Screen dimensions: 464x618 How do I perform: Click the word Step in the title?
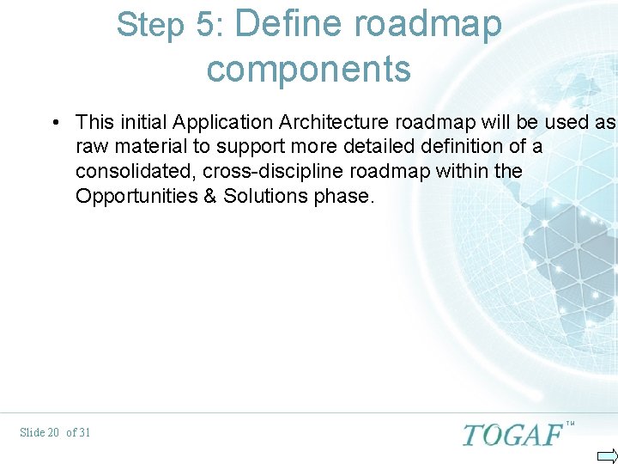149,26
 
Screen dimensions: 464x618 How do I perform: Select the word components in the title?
309,70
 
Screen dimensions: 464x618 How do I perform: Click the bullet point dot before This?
55,123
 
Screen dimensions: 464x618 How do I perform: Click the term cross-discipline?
272,171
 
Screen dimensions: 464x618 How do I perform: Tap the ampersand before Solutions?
210,196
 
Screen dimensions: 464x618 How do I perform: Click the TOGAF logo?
512,434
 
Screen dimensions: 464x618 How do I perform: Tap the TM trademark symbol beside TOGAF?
570,424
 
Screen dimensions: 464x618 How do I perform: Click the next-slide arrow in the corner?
607,455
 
